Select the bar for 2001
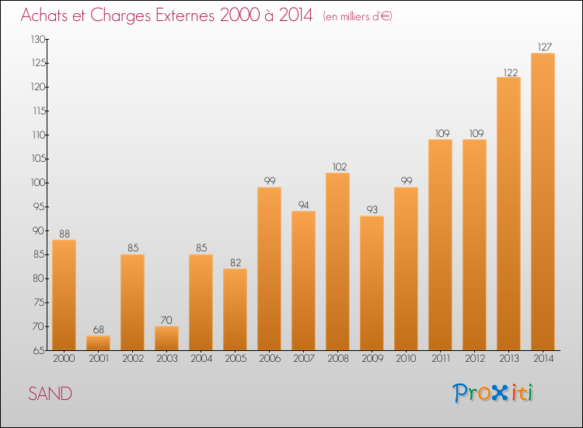pyautogui.click(x=98, y=342)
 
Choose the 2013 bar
pyautogui.click(x=508, y=213)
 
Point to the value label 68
pyautogui.click(x=98, y=330)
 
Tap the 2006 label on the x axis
pyautogui.click(x=269, y=360)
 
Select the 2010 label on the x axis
pyautogui.click(x=406, y=360)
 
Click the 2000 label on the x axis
pyautogui.click(x=64, y=360)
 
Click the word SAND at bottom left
pyautogui.click(x=51, y=394)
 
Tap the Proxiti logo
pyautogui.click(x=492, y=393)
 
